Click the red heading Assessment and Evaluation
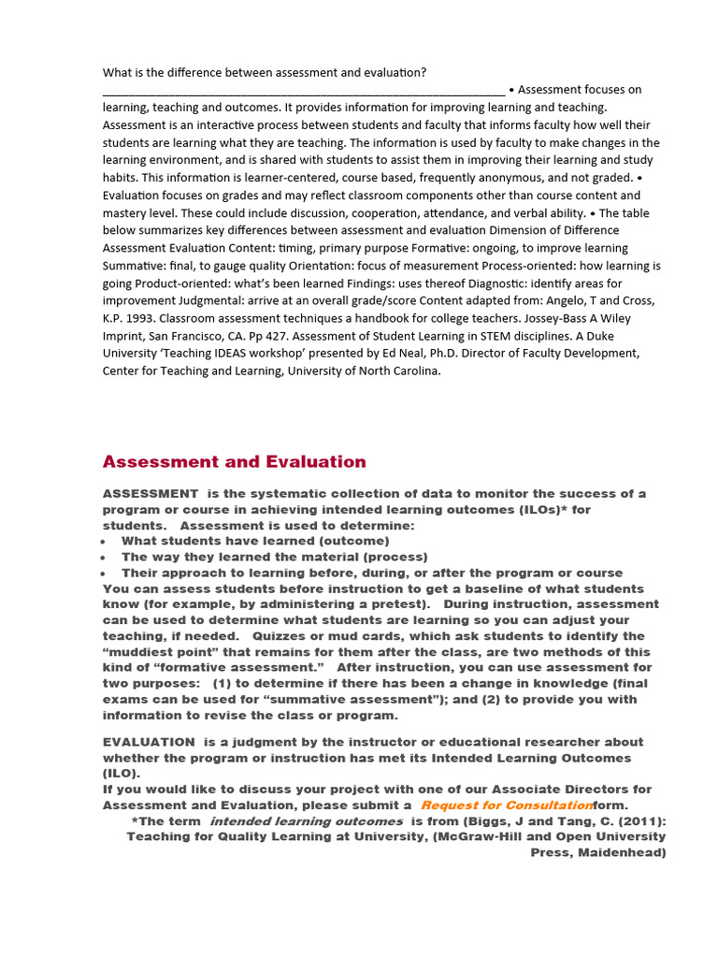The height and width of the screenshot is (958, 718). tap(234, 461)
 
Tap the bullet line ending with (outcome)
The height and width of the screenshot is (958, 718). tap(254, 541)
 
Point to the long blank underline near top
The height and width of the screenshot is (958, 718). tap(303, 91)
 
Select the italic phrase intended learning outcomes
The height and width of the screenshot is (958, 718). tap(306, 820)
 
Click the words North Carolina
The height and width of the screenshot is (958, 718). tap(396, 370)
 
